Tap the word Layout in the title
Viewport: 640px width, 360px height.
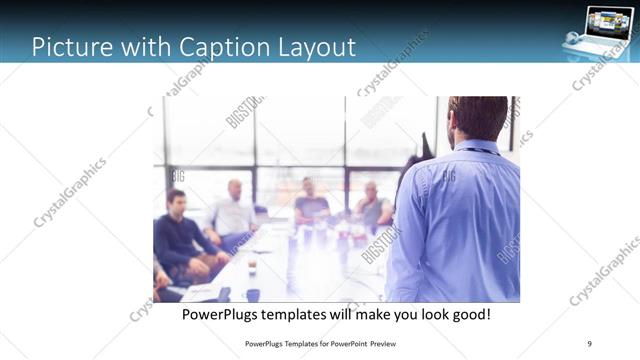[313, 46]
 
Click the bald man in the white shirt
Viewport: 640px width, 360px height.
[233, 212]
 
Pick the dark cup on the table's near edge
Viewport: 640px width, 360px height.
[252, 295]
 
